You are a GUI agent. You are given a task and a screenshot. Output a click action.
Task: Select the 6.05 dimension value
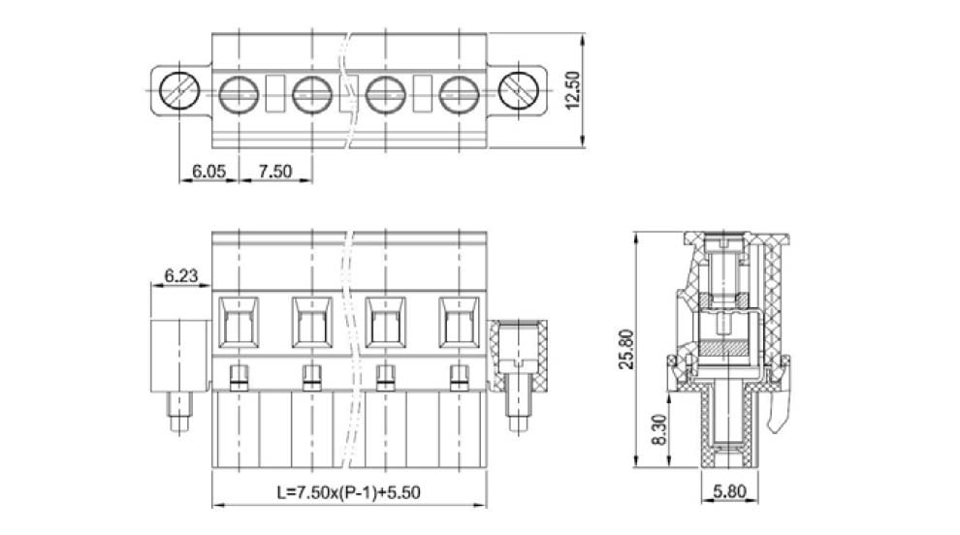[208, 171]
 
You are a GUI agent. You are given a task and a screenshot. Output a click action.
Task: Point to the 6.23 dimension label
[180, 276]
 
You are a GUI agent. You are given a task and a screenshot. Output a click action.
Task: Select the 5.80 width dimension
[728, 491]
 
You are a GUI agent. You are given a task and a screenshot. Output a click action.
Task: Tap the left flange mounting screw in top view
[178, 93]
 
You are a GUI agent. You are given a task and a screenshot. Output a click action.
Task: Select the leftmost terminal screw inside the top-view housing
[237, 93]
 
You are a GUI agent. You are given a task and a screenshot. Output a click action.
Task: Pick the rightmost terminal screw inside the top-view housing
[460, 93]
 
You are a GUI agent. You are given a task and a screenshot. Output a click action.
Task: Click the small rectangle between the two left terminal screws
[274, 93]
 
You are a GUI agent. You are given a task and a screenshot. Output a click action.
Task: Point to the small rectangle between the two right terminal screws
[423, 93]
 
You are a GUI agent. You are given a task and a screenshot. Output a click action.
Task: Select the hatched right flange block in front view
[520, 355]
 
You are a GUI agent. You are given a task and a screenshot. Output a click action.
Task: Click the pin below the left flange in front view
[179, 412]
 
